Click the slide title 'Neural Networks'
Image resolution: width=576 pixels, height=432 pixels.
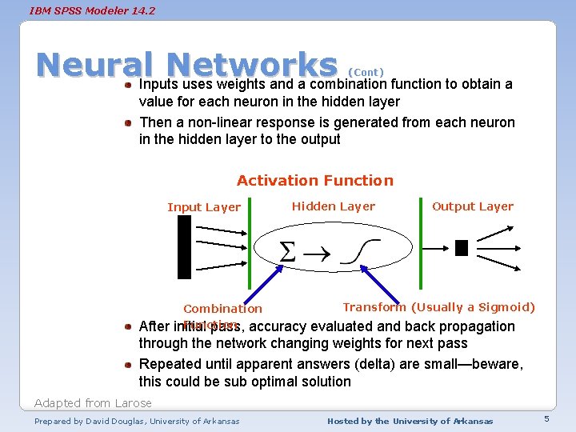click(186, 65)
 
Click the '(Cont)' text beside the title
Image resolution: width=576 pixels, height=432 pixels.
click(366, 72)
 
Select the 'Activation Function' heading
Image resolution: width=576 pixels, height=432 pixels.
click(315, 181)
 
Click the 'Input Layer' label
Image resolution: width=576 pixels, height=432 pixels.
click(204, 207)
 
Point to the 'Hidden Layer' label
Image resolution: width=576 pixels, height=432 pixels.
click(333, 206)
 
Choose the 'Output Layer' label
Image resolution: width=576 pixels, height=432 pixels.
click(473, 206)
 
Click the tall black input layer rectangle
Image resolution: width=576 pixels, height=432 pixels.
click(184, 248)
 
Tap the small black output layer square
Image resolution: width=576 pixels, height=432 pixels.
click(461, 248)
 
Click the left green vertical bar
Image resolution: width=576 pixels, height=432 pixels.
click(251, 244)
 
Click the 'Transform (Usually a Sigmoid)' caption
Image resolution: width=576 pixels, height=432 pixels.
click(438, 307)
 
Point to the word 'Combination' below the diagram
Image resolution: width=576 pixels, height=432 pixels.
click(222, 309)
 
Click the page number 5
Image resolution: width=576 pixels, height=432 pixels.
click(546, 420)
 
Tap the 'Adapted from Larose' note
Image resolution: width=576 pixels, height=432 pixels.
click(93, 402)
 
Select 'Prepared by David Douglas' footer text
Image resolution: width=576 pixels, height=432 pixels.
click(137, 421)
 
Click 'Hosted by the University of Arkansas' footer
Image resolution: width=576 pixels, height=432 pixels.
click(410, 421)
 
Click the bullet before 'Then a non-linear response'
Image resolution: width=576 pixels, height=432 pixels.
click(128, 122)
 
